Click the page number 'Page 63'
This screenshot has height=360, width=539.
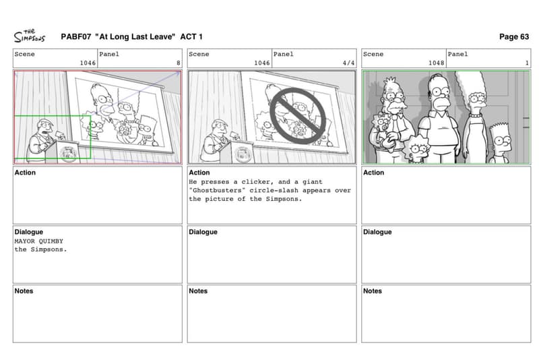click(513, 37)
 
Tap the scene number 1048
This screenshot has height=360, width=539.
click(436, 63)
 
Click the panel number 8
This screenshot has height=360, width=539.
click(178, 63)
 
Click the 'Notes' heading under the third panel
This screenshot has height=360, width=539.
click(373, 291)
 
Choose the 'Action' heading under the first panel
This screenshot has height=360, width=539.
click(25, 173)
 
